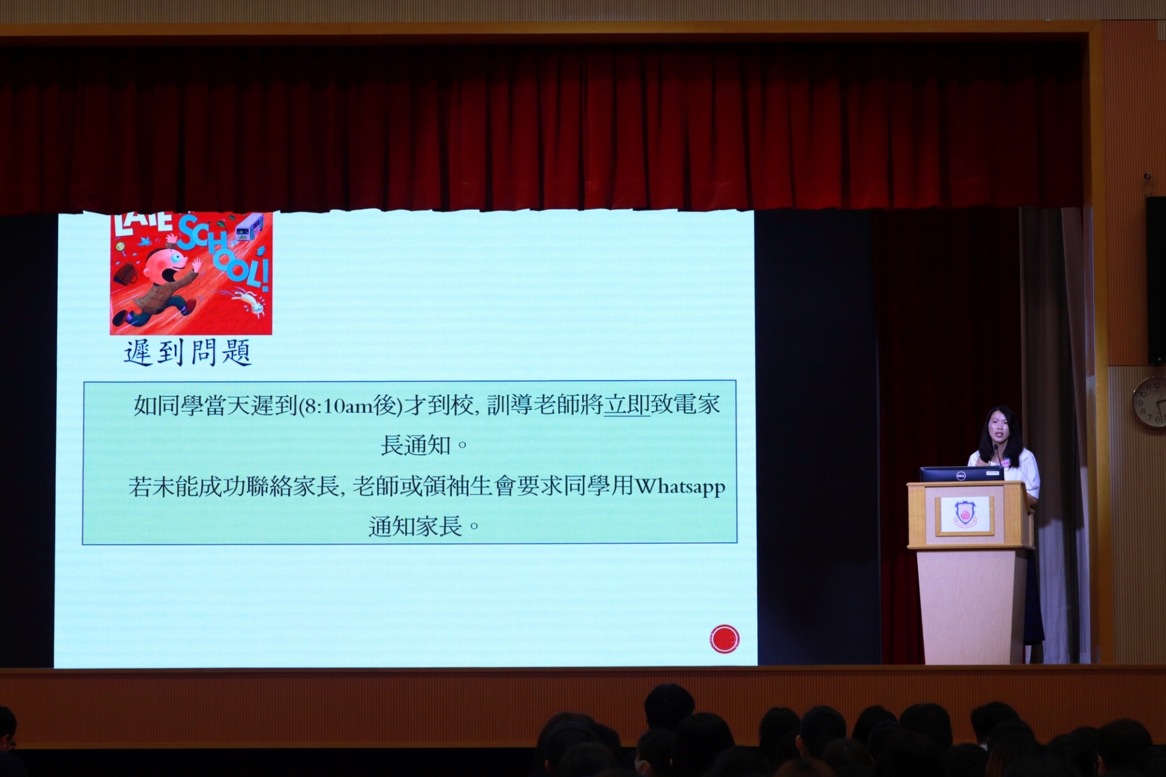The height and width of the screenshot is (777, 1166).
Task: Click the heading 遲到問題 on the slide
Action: point(188,353)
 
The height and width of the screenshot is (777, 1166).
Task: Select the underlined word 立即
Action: point(627,405)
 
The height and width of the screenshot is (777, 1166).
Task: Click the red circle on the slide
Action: point(724,639)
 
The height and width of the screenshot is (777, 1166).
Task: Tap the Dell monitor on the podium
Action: point(961,474)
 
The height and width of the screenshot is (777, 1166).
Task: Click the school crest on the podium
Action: point(964,515)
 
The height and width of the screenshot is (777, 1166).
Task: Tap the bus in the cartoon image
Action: point(249,226)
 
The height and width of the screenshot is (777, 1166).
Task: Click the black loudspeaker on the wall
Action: point(1156,280)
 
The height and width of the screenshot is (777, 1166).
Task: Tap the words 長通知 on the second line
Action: point(416,446)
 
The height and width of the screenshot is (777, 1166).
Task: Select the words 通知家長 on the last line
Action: point(415,526)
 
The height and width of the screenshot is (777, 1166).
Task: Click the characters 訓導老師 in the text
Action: point(533,405)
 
